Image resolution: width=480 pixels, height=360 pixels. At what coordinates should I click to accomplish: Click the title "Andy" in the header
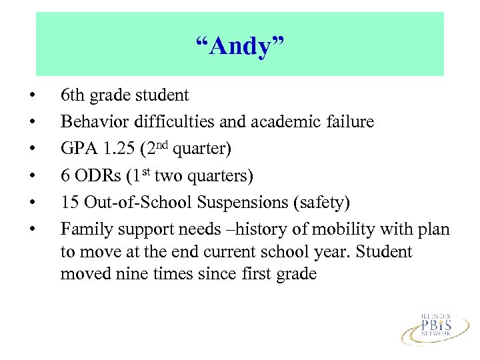coord(239,46)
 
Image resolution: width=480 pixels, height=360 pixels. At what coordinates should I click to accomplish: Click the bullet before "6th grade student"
coord(33,95)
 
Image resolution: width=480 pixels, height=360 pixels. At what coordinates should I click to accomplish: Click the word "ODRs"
coord(97,175)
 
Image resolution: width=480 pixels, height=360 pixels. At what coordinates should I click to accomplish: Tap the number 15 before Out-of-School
coord(69,202)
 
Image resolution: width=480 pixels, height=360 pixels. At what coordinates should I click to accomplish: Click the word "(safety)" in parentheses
coord(325,202)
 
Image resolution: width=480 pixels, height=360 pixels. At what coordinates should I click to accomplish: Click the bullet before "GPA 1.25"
coord(33,149)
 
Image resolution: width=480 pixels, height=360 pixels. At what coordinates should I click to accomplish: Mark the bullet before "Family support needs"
coord(33,229)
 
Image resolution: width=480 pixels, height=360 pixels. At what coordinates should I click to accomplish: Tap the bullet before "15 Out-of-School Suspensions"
coord(33,202)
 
